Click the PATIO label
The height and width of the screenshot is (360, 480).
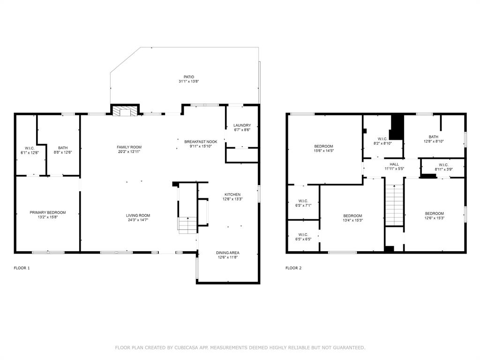tap(189, 77)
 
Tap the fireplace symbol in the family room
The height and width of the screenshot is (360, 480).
tap(125, 111)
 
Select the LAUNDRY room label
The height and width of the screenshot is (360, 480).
tap(242, 125)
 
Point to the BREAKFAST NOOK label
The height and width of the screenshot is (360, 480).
tap(201, 142)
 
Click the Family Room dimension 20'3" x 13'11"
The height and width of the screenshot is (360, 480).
tap(129, 151)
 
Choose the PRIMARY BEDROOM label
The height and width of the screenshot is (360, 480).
tap(48, 212)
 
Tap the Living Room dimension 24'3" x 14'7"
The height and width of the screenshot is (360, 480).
tap(138, 220)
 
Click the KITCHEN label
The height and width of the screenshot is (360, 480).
tap(232, 195)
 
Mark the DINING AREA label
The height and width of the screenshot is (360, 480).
tap(228, 253)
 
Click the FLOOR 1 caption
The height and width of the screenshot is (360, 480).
tap(22, 268)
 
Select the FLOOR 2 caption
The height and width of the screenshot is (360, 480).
tap(293, 268)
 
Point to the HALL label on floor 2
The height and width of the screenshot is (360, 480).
tap(394, 165)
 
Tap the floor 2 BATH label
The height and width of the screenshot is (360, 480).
tap(434, 137)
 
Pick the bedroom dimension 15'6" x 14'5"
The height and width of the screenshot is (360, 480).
tap(323, 150)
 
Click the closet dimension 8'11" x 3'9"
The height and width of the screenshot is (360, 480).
tap(443, 169)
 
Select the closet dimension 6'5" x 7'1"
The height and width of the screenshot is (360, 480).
tap(303, 205)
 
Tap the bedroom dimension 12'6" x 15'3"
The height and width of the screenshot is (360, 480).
tap(435, 218)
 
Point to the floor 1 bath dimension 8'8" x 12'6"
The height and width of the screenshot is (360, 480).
tap(63, 152)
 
